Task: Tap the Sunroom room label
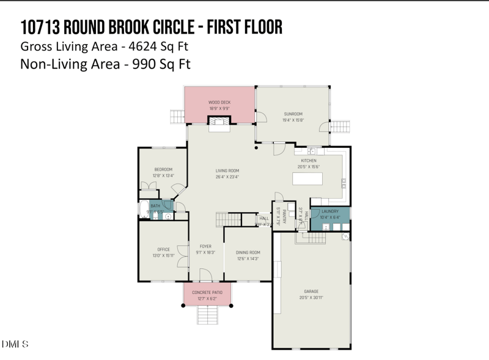[x=293, y=114]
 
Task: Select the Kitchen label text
[x=308, y=160]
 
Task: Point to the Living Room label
[x=227, y=171]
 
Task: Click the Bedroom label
[x=163, y=169]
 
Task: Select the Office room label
[x=163, y=249]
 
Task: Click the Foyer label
[x=205, y=246]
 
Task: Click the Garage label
[x=311, y=291]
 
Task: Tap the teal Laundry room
[x=329, y=215]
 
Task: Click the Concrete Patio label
[x=207, y=293]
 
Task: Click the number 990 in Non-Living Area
[x=143, y=64]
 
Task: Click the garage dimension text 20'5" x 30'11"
[x=311, y=298]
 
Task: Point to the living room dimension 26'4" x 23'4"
[x=227, y=177]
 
